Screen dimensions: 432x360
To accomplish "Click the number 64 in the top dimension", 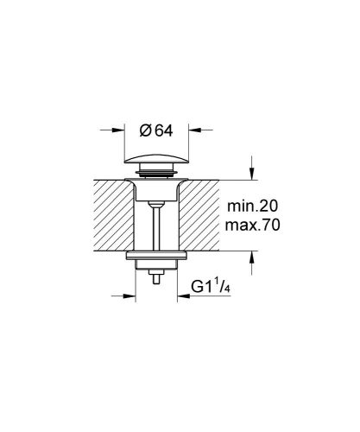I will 165,130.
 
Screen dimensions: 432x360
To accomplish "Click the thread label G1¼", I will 205,288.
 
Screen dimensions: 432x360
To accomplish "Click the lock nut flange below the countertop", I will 155,259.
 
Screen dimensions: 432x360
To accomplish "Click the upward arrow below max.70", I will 251,256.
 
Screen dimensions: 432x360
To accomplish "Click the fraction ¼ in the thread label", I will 218,285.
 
